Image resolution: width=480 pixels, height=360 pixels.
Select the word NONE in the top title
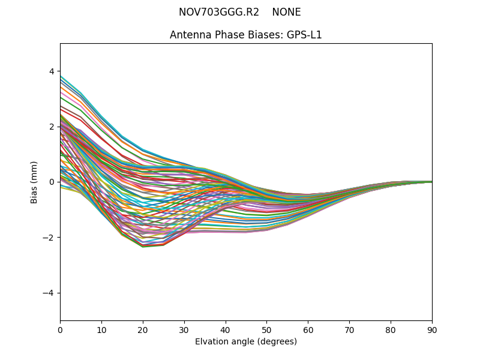[x=286, y=12]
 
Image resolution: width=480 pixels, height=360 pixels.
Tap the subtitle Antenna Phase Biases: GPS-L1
[x=246, y=35]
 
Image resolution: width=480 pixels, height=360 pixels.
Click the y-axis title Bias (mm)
[x=34, y=182]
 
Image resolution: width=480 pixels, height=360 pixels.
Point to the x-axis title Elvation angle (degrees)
[x=246, y=341]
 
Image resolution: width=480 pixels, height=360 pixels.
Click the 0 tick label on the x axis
[x=60, y=329]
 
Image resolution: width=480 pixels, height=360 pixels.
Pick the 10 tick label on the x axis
[x=101, y=329]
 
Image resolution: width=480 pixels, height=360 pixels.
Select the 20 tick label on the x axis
[x=143, y=329]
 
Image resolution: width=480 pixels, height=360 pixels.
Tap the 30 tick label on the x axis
[x=184, y=329]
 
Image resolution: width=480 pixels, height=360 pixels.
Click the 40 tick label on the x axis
[x=226, y=329]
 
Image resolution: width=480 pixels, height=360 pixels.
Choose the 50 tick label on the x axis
[x=266, y=329]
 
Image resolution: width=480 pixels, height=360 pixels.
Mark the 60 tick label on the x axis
[x=308, y=329]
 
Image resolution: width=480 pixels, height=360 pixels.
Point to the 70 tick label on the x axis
[x=349, y=329]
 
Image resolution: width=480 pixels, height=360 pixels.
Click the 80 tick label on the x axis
[x=391, y=329]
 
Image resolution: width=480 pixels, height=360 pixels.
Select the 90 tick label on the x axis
[x=432, y=329]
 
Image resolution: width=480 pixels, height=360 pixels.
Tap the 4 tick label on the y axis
[x=51, y=71]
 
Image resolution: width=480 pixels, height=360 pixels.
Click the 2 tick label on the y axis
[x=51, y=127]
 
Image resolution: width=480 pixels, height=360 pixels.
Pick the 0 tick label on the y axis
[x=51, y=182]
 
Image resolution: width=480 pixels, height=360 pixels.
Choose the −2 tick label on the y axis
[x=49, y=238]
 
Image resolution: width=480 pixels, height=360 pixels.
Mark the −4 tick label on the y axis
[x=49, y=293]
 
